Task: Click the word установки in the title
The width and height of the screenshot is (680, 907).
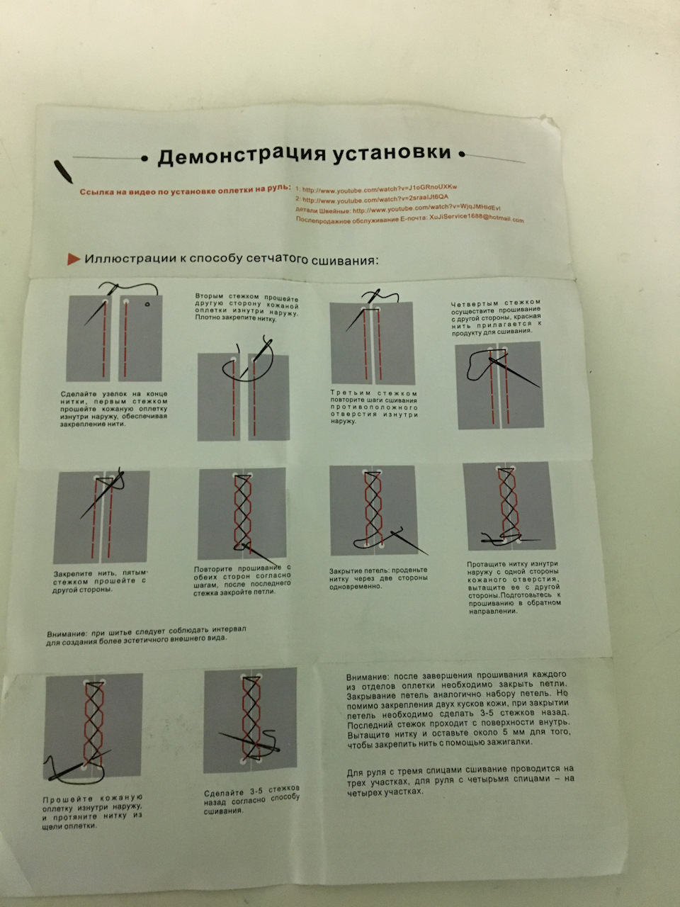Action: tap(392, 153)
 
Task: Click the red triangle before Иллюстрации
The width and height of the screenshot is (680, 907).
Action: tap(73, 259)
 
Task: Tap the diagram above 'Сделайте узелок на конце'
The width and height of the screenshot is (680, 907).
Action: tap(115, 337)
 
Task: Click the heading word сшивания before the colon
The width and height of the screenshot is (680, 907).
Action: tap(342, 260)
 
